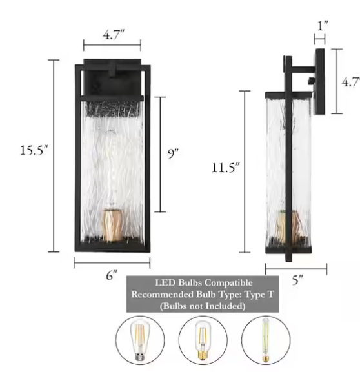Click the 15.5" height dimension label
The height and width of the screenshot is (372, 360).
coord(34,150)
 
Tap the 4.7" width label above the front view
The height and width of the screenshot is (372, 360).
coord(112,35)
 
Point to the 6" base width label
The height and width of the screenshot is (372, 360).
coord(112,275)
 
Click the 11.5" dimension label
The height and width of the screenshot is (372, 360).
coord(226,168)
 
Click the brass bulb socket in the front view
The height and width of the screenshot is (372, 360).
coord(112,223)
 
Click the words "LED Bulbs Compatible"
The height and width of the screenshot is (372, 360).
coord(203,282)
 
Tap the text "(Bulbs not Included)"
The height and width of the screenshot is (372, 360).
coord(203,306)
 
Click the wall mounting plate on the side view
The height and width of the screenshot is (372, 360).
coord(319,81)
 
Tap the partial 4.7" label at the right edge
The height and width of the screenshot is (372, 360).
coord(350,82)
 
